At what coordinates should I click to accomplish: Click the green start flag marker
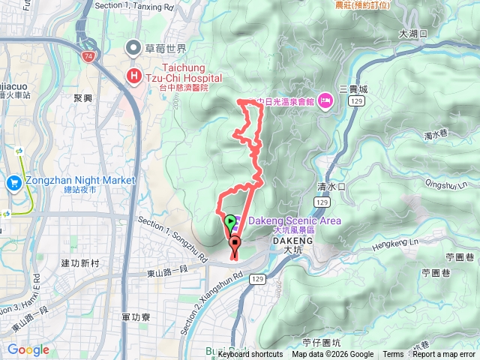coord(229,222)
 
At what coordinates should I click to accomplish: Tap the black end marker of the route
coord(235,244)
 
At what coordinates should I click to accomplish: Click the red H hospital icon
coord(134,75)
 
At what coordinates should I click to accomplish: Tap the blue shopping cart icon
coord(13,182)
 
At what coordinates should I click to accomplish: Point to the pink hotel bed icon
coord(325,100)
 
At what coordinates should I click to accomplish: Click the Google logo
coord(28,349)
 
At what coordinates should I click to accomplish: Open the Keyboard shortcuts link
coord(250,355)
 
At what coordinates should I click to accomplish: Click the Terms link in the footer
coord(393,355)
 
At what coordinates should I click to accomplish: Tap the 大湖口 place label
coord(412,34)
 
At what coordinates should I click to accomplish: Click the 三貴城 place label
coord(352,88)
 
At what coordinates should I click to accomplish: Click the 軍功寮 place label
coord(135,317)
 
